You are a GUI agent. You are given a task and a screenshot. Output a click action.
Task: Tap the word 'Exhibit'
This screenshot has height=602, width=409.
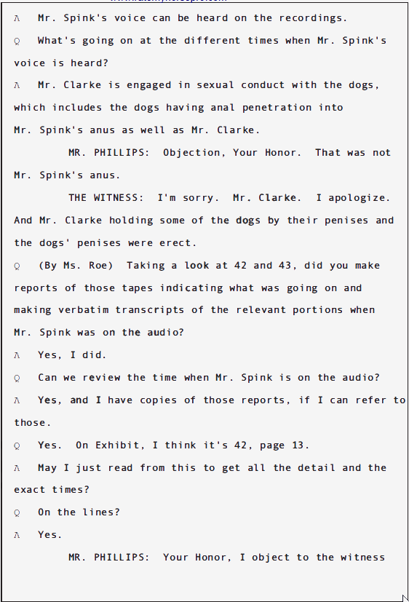coord(115,445)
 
